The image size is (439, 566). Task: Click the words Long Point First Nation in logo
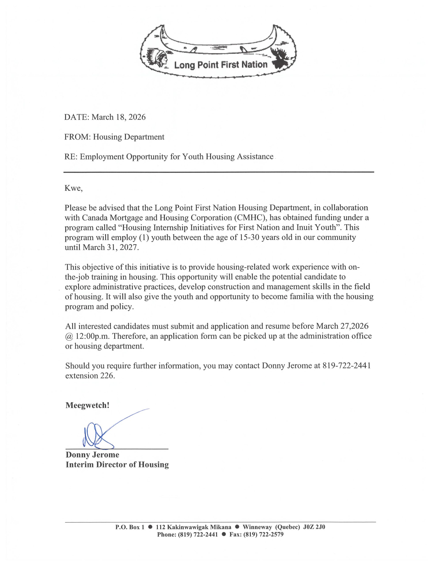click(221, 65)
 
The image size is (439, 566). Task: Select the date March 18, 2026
click(119, 117)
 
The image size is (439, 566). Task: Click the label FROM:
click(77, 137)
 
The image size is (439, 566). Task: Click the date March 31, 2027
click(111, 247)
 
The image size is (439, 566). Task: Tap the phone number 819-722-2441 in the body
click(346, 366)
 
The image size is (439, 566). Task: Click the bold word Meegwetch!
click(87, 405)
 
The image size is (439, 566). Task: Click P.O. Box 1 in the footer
click(129, 527)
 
